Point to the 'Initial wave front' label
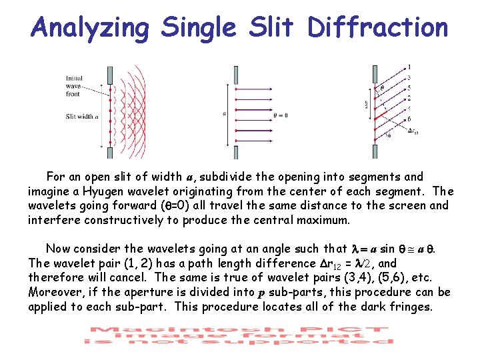pos(75,85)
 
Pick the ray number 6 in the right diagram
pos(408,117)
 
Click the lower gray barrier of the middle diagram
pos(235,152)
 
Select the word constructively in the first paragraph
pos(120,220)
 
